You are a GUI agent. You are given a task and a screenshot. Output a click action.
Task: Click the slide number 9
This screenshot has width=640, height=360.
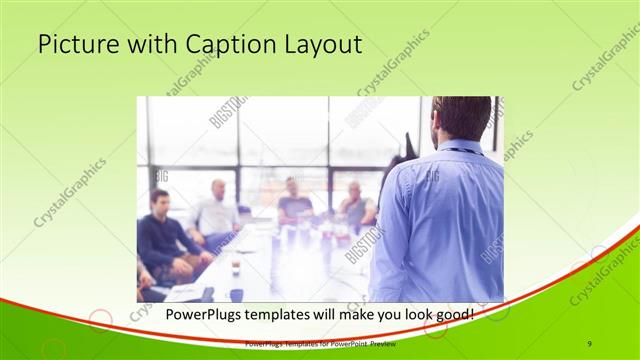pos(591,343)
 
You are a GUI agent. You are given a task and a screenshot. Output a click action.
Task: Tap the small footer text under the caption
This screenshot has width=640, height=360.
pos(320,343)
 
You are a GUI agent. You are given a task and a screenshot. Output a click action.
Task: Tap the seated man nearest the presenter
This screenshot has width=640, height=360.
pos(355,205)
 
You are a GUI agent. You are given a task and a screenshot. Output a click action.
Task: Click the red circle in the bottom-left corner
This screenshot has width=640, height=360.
pos(99,320)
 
